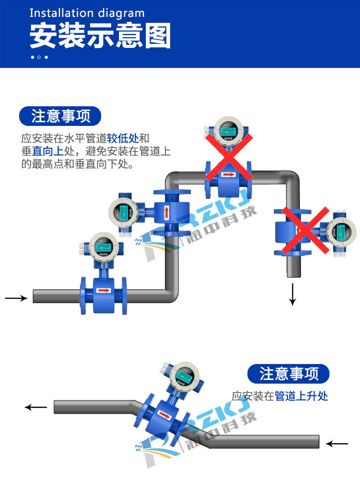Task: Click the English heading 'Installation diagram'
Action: [x=87, y=13]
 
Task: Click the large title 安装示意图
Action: [x=100, y=36]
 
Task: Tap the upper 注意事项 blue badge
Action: [x=60, y=116]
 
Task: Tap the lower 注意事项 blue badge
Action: [x=288, y=374]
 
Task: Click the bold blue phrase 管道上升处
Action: [x=301, y=396]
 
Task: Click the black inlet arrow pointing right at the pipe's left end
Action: [x=16, y=298]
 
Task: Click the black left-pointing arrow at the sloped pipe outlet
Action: [x=36, y=407]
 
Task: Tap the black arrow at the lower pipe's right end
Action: [x=337, y=443]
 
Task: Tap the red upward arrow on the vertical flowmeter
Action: [x=166, y=213]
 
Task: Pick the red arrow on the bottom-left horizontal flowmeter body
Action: [x=104, y=290]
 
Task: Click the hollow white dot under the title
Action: [x=39, y=57]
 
